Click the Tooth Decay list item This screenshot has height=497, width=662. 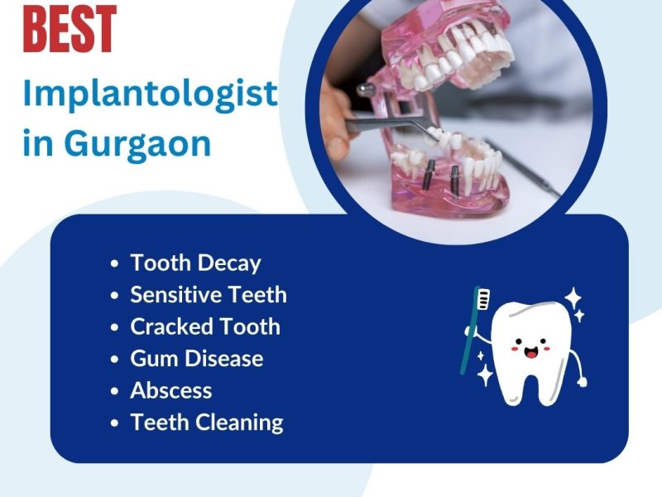[x=195, y=263]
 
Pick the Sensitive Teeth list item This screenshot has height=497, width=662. [x=209, y=295]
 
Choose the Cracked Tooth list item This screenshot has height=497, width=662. [x=205, y=326]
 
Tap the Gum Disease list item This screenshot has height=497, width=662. [x=197, y=359]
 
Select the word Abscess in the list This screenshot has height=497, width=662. [x=171, y=390]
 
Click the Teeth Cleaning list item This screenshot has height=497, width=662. [x=207, y=422]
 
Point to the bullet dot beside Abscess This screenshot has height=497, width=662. [x=115, y=391]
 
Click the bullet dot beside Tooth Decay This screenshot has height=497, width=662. [x=115, y=264]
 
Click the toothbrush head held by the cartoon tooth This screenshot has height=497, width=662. [x=483, y=298]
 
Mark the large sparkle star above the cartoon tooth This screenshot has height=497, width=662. [x=573, y=298]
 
